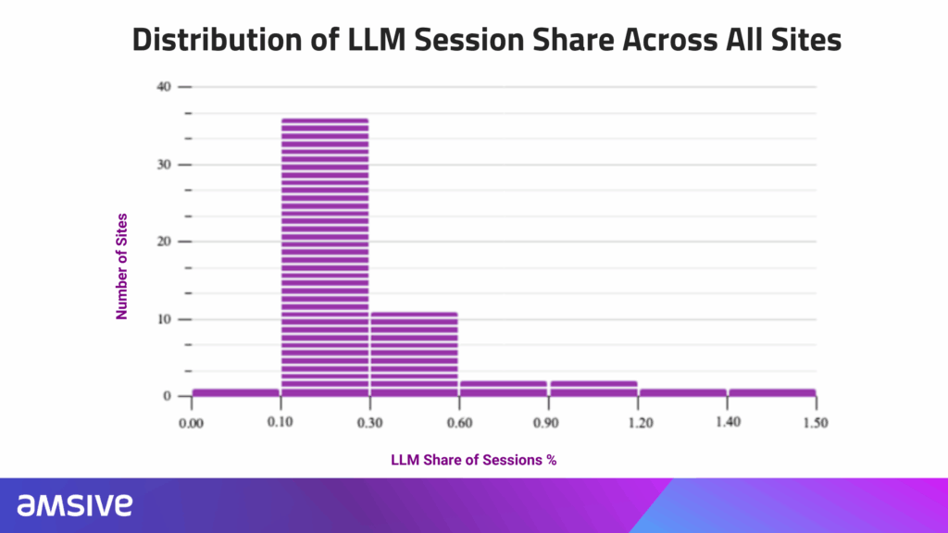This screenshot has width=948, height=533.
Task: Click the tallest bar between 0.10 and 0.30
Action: pyautogui.click(x=325, y=257)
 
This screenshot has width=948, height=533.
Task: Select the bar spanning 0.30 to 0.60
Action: pyautogui.click(x=414, y=354)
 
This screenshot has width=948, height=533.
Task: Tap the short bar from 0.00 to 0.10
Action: pyautogui.click(x=236, y=392)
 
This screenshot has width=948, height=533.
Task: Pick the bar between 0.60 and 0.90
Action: pyautogui.click(x=504, y=389)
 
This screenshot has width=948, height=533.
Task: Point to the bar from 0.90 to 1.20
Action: pyautogui.click(x=593, y=389)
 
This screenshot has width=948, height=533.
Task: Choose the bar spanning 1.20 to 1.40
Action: pyautogui.click(x=683, y=392)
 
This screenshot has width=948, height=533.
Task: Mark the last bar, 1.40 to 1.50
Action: pyautogui.click(x=772, y=392)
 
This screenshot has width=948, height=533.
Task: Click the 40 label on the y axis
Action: pyautogui.click(x=164, y=86)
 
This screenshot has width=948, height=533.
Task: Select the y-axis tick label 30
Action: pyautogui.click(x=164, y=165)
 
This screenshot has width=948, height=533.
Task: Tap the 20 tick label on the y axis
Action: pyautogui.click(x=164, y=242)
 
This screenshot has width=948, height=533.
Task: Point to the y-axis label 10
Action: pyautogui.click(x=164, y=319)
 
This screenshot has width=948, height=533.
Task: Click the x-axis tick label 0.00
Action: pyautogui.click(x=191, y=423)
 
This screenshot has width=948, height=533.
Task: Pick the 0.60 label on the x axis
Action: pyautogui.click(x=459, y=422)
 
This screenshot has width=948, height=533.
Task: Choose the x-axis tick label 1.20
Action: pyautogui.click(x=641, y=422)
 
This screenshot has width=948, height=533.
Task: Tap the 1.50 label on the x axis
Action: pyautogui.click(x=816, y=422)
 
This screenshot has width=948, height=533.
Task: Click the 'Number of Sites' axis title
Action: pyautogui.click(x=121, y=266)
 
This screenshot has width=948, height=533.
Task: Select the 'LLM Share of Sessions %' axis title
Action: pyautogui.click(x=473, y=460)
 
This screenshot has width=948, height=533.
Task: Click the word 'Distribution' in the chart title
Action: pyautogui.click(x=217, y=40)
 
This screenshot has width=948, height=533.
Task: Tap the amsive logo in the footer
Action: pyautogui.click(x=74, y=504)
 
